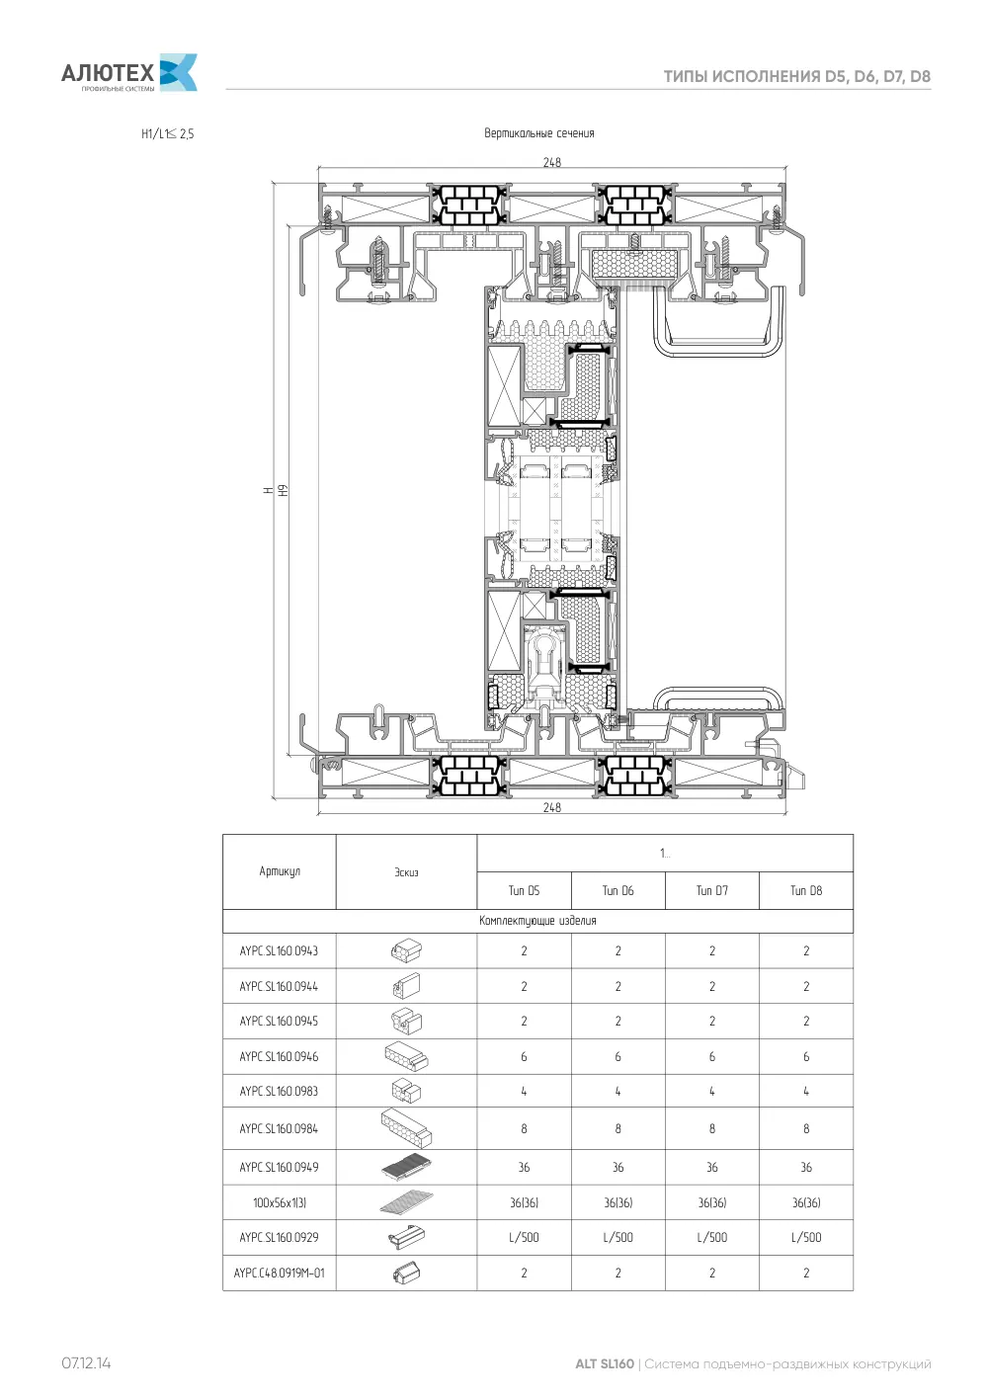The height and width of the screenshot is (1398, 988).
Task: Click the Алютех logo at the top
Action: click(129, 73)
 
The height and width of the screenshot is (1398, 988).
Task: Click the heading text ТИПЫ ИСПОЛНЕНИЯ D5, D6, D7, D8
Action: click(796, 77)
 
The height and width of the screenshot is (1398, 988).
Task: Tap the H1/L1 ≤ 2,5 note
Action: click(167, 133)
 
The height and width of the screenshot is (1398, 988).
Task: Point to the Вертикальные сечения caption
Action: click(539, 133)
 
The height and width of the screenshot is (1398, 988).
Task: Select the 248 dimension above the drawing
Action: click(551, 162)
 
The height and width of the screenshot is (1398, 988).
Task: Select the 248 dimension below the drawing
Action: click(551, 807)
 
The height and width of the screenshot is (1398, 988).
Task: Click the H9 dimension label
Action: click(284, 491)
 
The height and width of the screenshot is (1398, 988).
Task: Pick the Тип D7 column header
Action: click(712, 890)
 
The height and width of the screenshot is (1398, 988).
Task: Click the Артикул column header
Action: click(280, 871)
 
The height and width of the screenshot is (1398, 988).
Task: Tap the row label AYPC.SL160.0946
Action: click(279, 1056)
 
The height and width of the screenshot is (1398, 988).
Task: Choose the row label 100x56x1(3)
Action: click(280, 1202)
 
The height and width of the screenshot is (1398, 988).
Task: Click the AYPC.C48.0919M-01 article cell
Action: click(279, 1273)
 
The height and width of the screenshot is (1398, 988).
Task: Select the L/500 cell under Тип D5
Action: click(524, 1237)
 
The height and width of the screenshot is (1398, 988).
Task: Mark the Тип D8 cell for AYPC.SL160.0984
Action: click(806, 1128)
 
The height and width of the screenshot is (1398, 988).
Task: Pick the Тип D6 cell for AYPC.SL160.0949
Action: click(617, 1167)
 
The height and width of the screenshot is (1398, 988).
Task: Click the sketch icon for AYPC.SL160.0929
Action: click(406, 1237)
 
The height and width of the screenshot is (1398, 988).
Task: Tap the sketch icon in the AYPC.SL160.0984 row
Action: click(406, 1127)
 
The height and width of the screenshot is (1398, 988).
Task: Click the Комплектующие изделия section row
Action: click(538, 921)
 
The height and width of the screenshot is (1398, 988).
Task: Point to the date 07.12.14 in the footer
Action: click(86, 1362)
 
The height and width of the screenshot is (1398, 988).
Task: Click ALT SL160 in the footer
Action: click(604, 1363)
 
